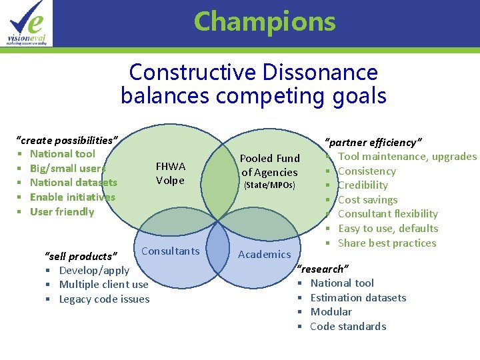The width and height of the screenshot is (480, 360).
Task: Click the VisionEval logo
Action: tap(27, 23)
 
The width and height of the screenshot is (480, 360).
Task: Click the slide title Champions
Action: tap(265, 22)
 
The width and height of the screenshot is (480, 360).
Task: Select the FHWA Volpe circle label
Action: tap(170, 173)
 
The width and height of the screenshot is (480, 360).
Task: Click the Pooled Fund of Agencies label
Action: tap(269, 165)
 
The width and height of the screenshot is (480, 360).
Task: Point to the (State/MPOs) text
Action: tap(269, 185)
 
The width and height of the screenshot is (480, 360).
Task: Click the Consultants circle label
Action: tap(171, 251)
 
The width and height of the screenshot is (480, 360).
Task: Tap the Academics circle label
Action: tap(265, 254)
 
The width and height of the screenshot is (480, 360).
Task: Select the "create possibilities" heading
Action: tap(67, 140)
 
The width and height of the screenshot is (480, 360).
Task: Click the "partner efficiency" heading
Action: tap(373, 142)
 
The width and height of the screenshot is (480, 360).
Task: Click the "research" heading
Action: tap(323, 269)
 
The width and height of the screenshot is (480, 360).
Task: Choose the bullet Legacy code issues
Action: tap(104, 299)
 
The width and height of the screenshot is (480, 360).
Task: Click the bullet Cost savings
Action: tap(367, 199)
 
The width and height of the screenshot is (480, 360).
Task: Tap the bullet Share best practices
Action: tap(387, 243)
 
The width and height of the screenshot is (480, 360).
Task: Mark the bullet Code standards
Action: tap(348, 327)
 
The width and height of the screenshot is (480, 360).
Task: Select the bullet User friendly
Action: tap(62, 212)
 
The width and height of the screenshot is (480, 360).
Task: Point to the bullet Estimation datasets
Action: tap(358, 298)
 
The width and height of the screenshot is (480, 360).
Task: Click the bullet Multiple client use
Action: tap(103, 285)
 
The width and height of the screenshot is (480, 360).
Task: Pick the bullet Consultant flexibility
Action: tap(387, 214)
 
